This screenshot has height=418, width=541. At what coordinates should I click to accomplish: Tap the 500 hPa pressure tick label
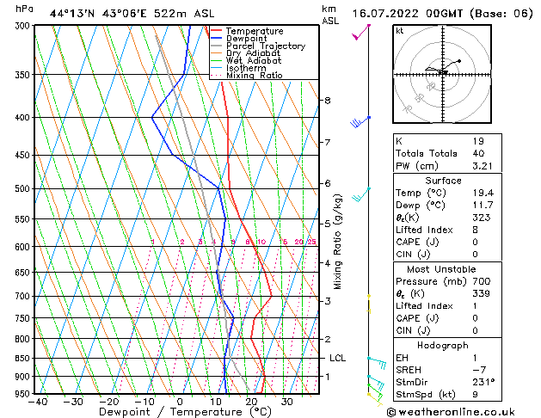23,188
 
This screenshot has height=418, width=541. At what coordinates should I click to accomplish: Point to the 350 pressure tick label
23,75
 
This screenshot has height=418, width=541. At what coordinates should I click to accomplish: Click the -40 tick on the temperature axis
37,401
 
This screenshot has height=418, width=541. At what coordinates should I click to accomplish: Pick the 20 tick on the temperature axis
251,401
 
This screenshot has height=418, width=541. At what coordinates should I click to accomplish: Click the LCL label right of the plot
337,358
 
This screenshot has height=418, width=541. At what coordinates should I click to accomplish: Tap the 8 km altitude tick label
327,101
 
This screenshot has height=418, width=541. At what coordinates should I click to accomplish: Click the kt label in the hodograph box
400,32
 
